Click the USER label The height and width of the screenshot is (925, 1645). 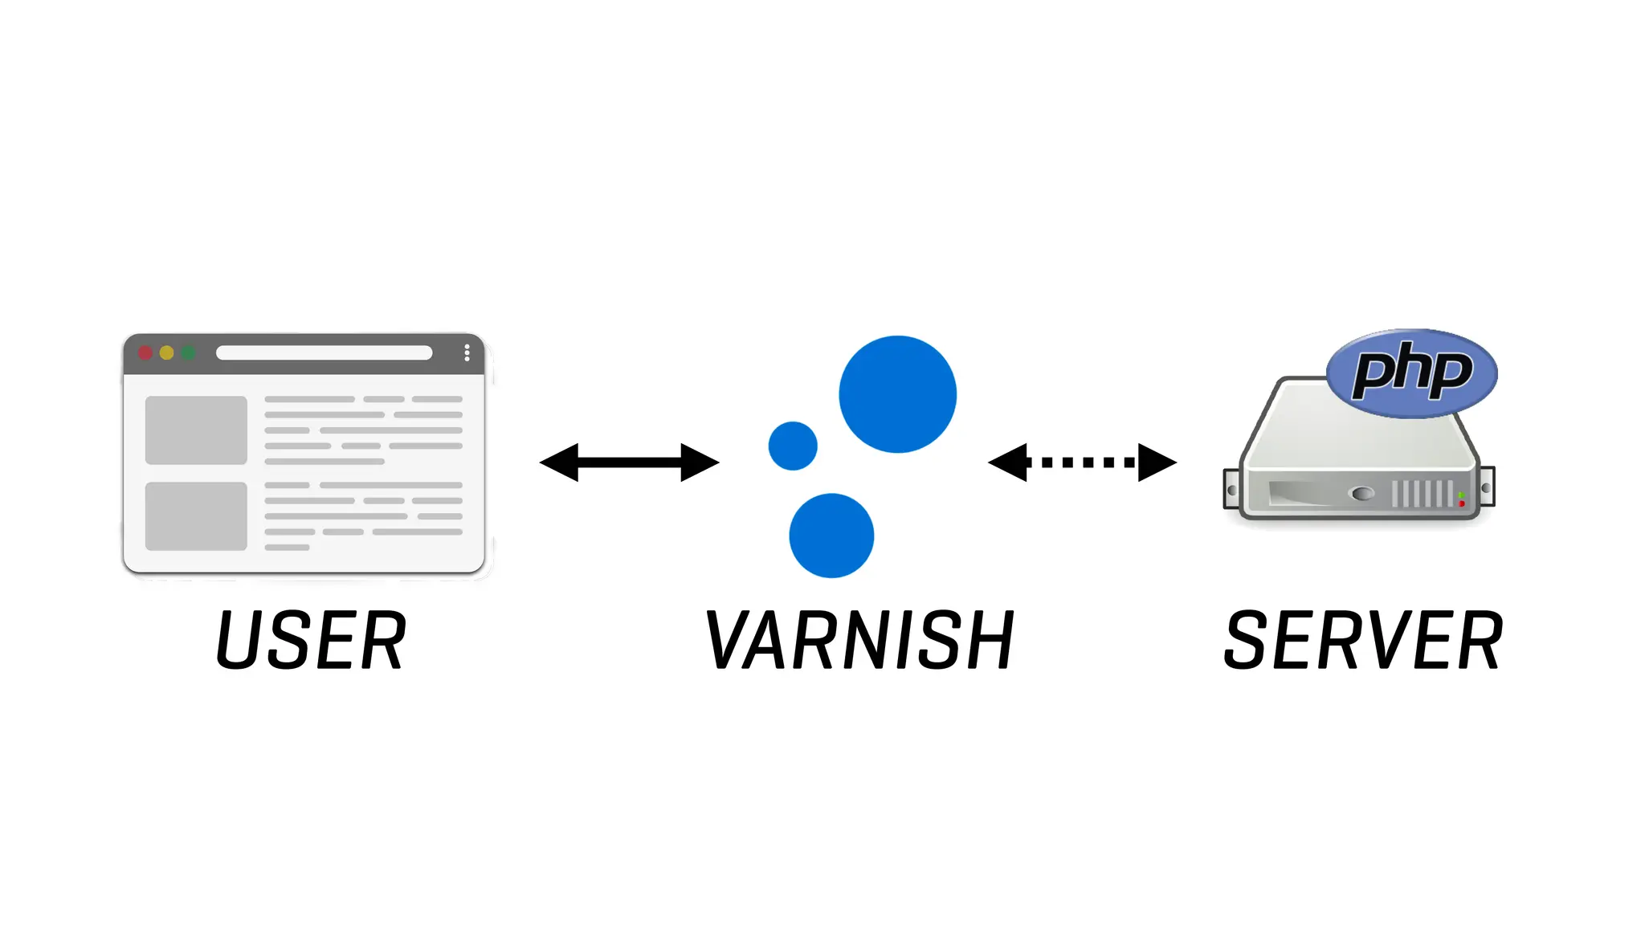click(311, 640)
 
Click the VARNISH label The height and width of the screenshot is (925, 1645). click(859, 640)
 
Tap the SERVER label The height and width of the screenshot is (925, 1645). click(1363, 640)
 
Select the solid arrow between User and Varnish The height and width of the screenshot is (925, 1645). click(629, 462)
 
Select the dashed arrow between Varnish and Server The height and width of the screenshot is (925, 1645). click(1082, 462)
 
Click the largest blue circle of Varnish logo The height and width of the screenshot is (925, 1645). click(897, 394)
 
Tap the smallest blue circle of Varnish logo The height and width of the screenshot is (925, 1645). click(793, 446)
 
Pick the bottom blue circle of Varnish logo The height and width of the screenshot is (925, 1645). click(831, 536)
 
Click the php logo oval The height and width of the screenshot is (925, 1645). click(1412, 373)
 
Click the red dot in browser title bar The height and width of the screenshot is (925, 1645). click(145, 353)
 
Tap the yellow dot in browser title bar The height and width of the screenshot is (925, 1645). click(167, 353)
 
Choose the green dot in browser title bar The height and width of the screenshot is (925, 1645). click(188, 353)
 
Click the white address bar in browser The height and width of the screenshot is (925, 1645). click(324, 353)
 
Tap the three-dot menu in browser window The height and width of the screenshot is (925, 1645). click(467, 353)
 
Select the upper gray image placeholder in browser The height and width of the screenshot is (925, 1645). click(196, 430)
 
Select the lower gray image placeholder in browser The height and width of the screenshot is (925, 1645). click(196, 516)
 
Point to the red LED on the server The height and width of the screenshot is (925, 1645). click(1462, 503)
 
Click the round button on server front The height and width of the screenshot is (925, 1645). click(1362, 493)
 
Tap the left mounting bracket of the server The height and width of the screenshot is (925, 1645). click(1231, 490)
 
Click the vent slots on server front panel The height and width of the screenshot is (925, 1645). click(1422, 493)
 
